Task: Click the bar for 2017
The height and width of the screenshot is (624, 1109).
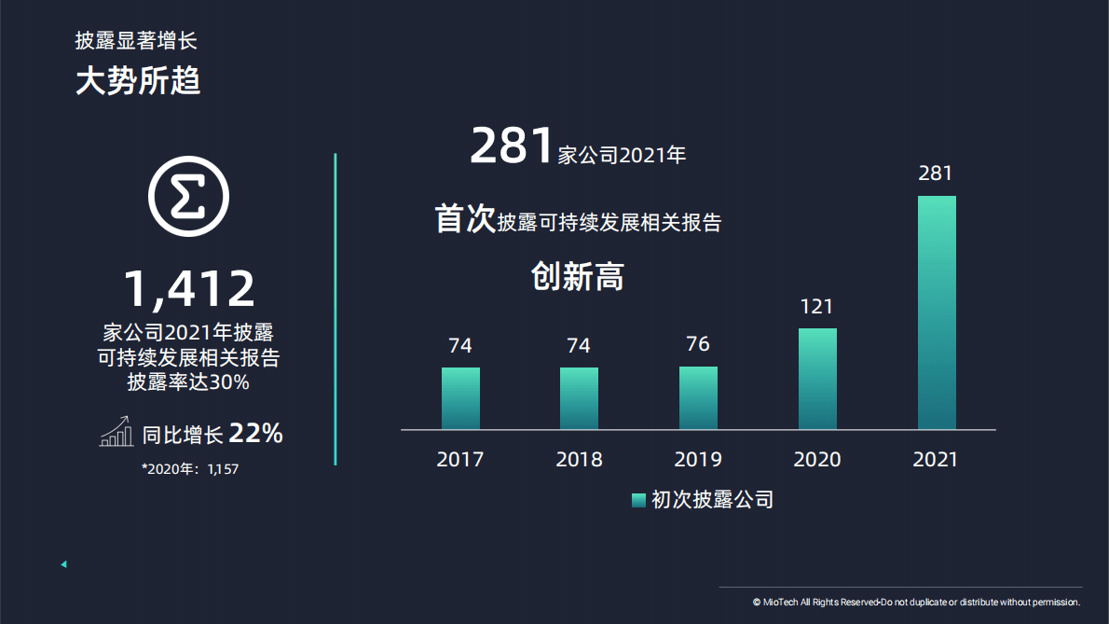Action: coord(460,398)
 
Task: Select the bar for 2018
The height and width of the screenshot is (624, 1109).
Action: coord(579,398)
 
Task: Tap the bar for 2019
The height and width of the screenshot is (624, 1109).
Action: coord(698,397)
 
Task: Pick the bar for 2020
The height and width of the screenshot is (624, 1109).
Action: coord(817,379)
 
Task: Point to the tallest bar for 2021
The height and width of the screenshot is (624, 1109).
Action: coord(937,312)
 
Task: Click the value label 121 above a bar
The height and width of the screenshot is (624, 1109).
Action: coord(816,306)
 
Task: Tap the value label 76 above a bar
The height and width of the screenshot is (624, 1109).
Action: coord(698,344)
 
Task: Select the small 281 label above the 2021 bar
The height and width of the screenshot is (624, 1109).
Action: coord(936,173)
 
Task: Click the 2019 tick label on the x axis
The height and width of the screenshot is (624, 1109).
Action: coord(698,459)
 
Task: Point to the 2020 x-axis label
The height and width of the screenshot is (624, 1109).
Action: coord(817,459)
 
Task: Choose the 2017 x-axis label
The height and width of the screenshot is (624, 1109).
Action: coord(460,459)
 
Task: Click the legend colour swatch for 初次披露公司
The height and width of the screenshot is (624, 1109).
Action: coord(638,500)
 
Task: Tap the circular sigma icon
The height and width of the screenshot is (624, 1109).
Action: coord(189,197)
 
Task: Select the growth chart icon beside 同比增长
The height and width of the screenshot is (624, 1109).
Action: coord(116,433)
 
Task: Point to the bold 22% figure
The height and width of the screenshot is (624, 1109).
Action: coord(255,434)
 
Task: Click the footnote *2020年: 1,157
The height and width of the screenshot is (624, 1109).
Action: coord(190,469)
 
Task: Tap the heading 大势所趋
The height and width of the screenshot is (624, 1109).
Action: coord(138,82)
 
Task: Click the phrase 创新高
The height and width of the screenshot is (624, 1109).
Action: coord(578,276)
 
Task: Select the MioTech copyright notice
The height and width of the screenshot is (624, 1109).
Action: coord(916,603)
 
